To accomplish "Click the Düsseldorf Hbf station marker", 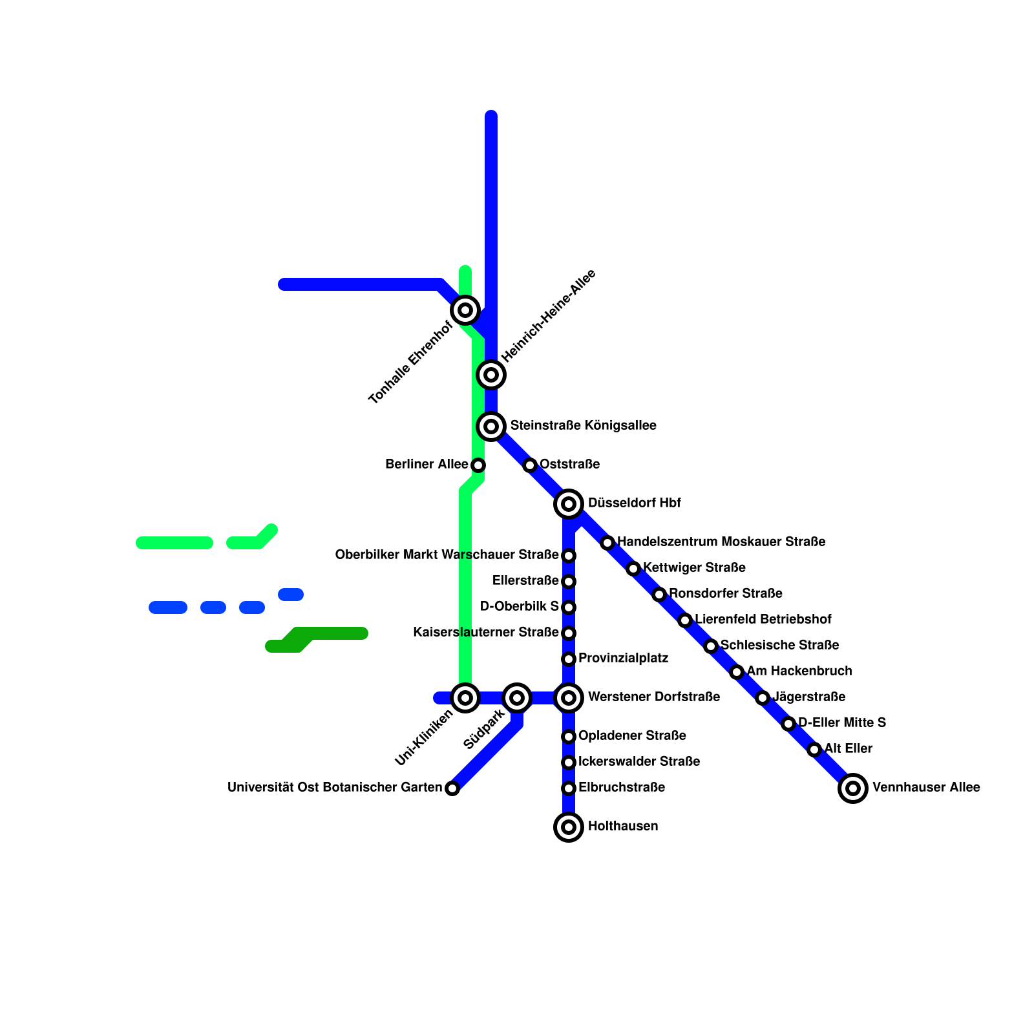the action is click(x=569, y=503).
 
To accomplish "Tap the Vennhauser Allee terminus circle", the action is click(x=853, y=788).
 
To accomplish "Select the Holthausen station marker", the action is click(x=569, y=827).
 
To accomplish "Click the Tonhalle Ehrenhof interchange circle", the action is click(x=465, y=310).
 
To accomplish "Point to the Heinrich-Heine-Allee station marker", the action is click(x=491, y=374).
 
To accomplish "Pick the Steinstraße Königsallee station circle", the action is click(x=491, y=426).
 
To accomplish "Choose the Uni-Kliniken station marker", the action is click(x=465, y=697).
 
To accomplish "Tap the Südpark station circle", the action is click(x=517, y=697).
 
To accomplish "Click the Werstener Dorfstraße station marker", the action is click(x=569, y=697).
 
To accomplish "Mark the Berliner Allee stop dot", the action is click(x=478, y=465).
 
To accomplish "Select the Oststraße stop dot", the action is click(x=530, y=465).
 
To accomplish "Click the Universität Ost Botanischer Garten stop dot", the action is click(x=452, y=788).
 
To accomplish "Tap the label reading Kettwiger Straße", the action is click(x=694, y=567).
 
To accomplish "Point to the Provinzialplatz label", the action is click(x=623, y=658).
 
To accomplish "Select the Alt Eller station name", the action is click(x=848, y=748).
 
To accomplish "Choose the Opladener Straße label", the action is click(x=632, y=735).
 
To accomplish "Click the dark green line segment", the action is click(x=330, y=633).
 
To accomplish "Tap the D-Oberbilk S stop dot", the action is click(x=569, y=607).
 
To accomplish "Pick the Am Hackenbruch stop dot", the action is click(x=737, y=672).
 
